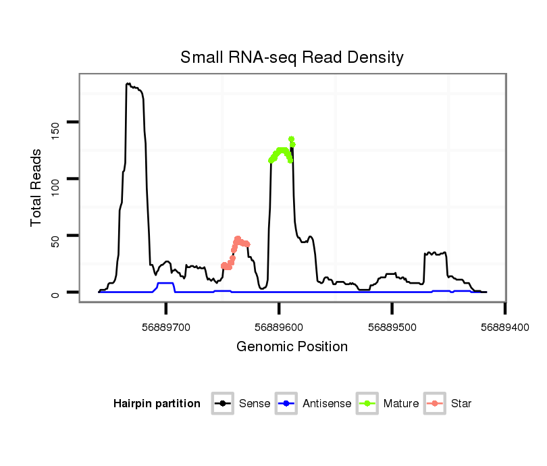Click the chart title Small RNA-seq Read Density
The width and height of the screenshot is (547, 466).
[x=292, y=57]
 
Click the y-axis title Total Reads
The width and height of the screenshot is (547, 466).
[x=36, y=187]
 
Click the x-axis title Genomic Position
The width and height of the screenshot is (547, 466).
[x=292, y=347]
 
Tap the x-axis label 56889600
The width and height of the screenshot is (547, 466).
[x=279, y=327]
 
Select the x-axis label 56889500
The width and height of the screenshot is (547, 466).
[x=392, y=327]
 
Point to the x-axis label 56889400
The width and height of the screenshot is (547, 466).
[x=504, y=327]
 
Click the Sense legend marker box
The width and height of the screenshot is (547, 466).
[x=222, y=404]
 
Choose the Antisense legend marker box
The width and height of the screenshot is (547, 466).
[x=286, y=404]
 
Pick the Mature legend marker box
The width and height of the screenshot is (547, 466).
[x=367, y=404]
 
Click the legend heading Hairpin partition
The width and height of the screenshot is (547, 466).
[x=157, y=404]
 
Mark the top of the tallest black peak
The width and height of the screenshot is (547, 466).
[x=128, y=84]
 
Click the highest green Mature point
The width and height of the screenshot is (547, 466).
[x=291, y=138]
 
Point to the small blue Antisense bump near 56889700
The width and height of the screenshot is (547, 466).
[x=165, y=284]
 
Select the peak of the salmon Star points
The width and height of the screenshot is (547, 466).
[x=237, y=238]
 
